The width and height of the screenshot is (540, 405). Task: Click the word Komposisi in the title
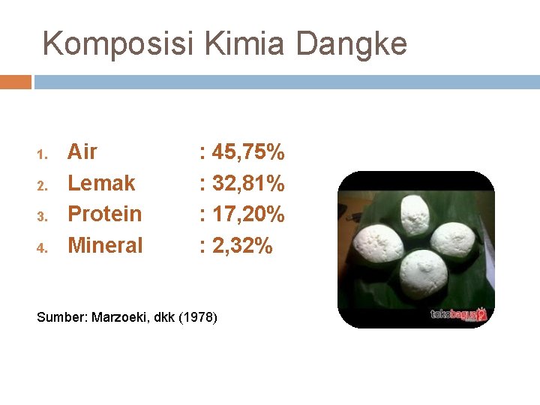point(118,44)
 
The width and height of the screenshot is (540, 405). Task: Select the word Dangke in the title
point(352,44)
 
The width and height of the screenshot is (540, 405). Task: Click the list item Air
point(82,152)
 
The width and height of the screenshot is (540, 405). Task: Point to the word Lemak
point(101,183)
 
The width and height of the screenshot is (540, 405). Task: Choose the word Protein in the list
point(104,214)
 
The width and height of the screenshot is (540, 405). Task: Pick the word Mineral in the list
point(105,245)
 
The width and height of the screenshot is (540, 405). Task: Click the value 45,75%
point(248,152)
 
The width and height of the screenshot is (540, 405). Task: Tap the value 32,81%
point(248,183)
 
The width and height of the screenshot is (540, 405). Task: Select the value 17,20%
point(248,214)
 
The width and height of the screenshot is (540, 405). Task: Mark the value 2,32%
point(242,245)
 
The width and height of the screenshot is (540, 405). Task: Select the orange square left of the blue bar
point(16,82)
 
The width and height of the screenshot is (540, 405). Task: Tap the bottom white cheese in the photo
point(423,271)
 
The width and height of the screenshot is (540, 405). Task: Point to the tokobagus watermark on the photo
point(458,315)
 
